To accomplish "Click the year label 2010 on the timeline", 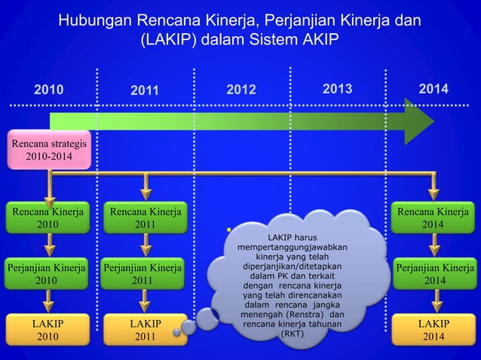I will [x=48, y=90].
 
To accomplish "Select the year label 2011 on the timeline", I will [x=145, y=91].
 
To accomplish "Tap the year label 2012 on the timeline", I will [x=241, y=90].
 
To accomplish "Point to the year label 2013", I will [x=338, y=90].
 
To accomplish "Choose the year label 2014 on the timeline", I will [x=434, y=90].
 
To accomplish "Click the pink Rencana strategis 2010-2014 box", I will [x=49, y=149].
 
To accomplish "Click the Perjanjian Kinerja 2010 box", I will [x=47, y=273].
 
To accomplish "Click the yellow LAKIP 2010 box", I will [x=47, y=330].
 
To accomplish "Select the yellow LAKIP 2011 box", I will [x=146, y=330].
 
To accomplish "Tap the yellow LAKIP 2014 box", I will [x=433, y=330].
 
